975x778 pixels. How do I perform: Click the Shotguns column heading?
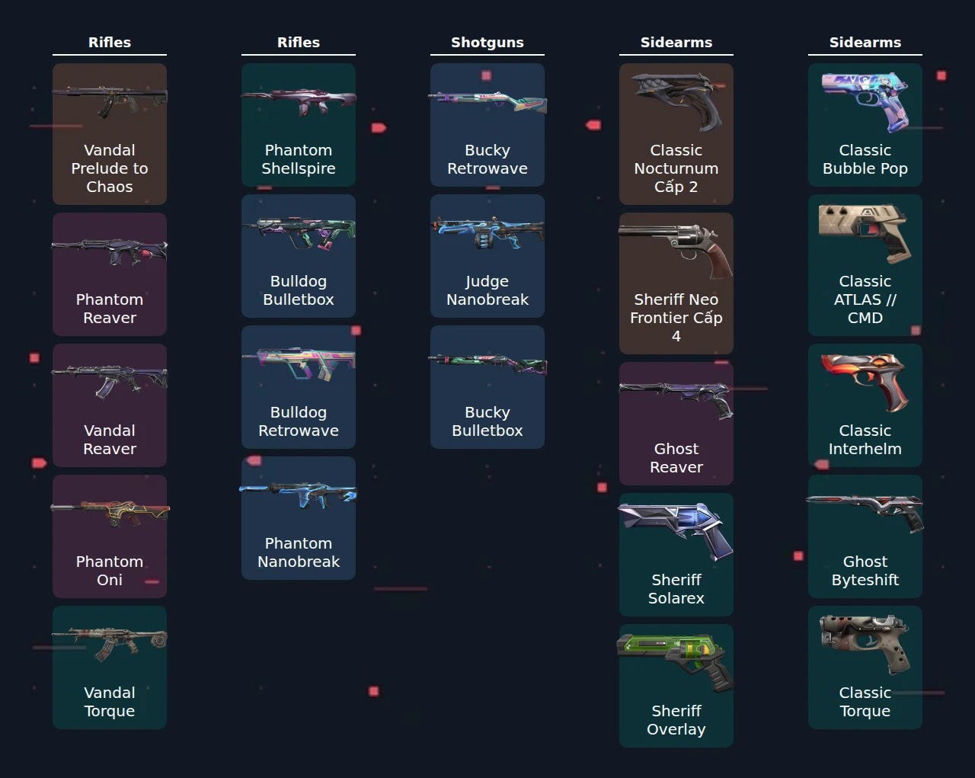487,43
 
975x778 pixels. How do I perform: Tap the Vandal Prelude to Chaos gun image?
110,100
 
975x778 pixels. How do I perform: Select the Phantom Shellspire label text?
299,159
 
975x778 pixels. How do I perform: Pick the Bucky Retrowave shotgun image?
487,101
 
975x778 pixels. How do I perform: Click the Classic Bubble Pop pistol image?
865,101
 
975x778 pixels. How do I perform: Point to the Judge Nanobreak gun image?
487,233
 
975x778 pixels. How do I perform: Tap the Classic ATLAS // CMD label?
865,299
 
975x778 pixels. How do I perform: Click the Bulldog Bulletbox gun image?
299,233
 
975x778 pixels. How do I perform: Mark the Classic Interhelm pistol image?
865,382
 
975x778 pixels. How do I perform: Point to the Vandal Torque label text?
110,702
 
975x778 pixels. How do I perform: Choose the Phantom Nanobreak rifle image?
299,495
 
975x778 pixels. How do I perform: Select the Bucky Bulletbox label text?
487,421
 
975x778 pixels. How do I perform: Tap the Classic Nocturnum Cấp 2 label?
676,168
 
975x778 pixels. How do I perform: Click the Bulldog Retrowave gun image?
299,363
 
